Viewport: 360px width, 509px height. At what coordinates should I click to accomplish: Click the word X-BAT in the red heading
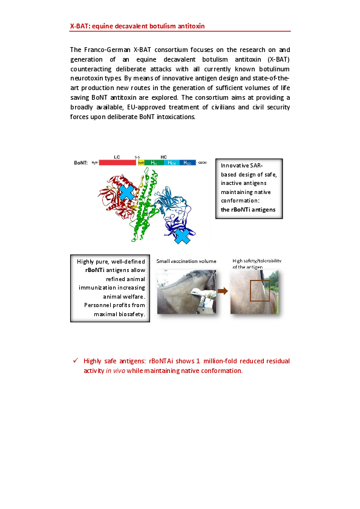point(80,26)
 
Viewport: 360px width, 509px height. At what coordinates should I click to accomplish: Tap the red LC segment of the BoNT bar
point(117,163)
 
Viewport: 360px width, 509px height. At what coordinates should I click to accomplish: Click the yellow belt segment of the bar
point(141,163)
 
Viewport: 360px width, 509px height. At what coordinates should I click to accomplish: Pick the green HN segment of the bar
point(154,163)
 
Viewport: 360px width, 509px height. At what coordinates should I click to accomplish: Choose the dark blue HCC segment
point(188,163)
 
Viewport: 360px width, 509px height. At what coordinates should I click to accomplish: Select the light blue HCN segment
point(172,163)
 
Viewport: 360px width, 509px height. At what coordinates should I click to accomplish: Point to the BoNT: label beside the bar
point(80,163)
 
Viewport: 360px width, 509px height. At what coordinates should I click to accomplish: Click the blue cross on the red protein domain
point(126,192)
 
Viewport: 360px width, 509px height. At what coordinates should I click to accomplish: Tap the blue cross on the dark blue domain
point(182,236)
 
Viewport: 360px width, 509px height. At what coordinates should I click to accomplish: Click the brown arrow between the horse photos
point(223,291)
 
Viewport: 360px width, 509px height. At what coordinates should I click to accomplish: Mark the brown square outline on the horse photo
point(260,291)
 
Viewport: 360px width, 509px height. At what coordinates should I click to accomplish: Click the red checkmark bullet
point(76,360)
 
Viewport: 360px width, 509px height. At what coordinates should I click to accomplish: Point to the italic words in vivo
point(116,371)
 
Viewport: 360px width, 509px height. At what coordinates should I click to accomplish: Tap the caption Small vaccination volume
point(186,261)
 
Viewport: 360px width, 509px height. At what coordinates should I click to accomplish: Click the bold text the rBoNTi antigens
point(248,210)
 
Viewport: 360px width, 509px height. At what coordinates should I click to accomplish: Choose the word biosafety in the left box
point(132,314)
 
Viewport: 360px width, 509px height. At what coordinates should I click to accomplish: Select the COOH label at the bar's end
point(203,163)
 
